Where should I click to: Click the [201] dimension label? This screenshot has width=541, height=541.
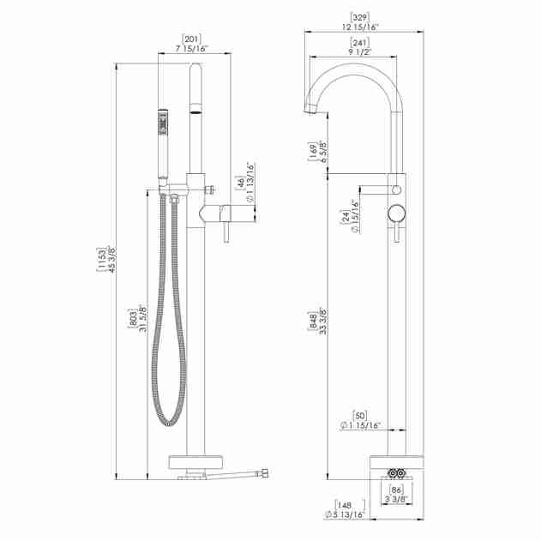click(x=191, y=39)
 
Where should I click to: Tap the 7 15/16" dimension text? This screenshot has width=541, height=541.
click(x=192, y=49)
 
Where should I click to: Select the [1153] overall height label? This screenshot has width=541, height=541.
click(x=101, y=260)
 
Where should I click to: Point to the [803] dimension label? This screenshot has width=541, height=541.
click(x=133, y=318)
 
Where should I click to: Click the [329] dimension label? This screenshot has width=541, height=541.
click(x=360, y=17)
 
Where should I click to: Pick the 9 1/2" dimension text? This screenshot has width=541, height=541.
click(x=360, y=51)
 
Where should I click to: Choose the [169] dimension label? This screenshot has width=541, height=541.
click(x=313, y=152)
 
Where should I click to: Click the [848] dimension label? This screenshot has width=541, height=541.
click(x=313, y=322)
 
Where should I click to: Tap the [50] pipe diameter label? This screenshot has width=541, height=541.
click(x=359, y=415)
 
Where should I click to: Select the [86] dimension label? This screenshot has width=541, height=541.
click(x=396, y=490)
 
